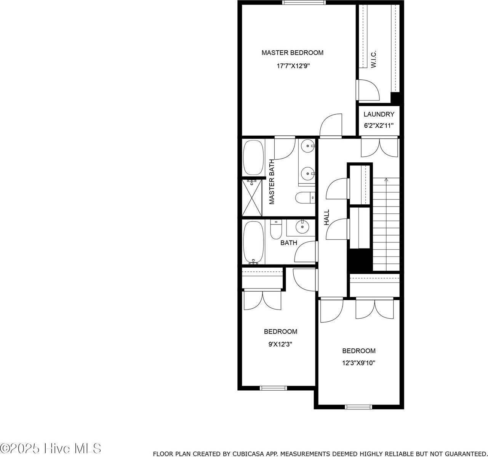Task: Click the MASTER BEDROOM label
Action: (x=292, y=53)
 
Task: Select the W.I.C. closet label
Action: (x=373, y=59)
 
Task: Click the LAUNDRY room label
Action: (x=379, y=114)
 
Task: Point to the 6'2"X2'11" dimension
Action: (x=379, y=125)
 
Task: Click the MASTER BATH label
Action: (x=272, y=182)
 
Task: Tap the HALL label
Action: (x=327, y=217)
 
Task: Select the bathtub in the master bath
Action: (x=253, y=157)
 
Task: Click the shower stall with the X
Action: (x=253, y=198)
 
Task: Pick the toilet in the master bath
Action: (x=305, y=197)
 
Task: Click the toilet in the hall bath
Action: (x=275, y=229)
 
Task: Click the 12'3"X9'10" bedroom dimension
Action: (x=358, y=363)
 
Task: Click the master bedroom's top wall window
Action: (x=304, y=2)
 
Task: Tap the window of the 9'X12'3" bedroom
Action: (x=273, y=388)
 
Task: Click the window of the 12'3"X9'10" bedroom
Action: (x=358, y=407)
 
